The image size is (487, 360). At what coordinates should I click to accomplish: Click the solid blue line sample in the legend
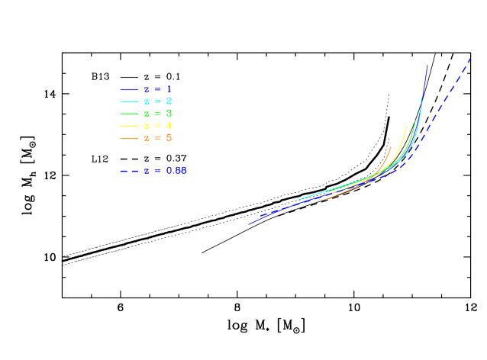pyautogui.click(x=129, y=89)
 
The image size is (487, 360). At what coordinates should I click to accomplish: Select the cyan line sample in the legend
pyautogui.click(x=129, y=101)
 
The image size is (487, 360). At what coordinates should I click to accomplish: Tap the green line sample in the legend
pyautogui.click(x=129, y=114)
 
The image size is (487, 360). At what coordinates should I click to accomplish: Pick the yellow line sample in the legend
pyautogui.click(x=129, y=126)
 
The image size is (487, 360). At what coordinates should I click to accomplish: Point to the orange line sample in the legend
pyautogui.click(x=129, y=138)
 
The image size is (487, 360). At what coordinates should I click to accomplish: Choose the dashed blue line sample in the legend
pyautogui.click(x=129, y=171)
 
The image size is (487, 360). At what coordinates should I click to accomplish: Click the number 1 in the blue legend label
pyautogui.click(x=169, y=89)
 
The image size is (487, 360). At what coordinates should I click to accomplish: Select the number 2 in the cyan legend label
pyautogui.click(x=169, y=101)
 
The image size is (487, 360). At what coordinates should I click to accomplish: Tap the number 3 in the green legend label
pyautogui.click(x=169, y=114)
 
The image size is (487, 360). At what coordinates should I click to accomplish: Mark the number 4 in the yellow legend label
pyautogui.click(x=169, y=126)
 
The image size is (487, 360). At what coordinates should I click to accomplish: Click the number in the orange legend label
pyautogui.click(x=169, y=138)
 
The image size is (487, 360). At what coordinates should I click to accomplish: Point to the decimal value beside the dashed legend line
pyautogui.click(x=176, y=171)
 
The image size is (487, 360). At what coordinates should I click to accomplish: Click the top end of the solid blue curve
pyautogui.click(x=427, y=66)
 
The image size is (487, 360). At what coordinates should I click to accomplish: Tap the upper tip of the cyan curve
pyautogui.click(x=421, y=98)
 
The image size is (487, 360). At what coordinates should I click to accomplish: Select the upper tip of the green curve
pyautogui.click(x=415, y=118)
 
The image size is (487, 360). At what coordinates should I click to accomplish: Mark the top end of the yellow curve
pyautogui.click(x=405, y=127)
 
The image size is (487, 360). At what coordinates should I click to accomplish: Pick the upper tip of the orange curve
pyautogui.click(x=392, y=146)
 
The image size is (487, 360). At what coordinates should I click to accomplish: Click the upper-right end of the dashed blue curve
pyautogui.click(x=471, y=57)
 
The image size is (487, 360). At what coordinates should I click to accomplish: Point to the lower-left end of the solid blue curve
pyautogui.click(x=249, y=224)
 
